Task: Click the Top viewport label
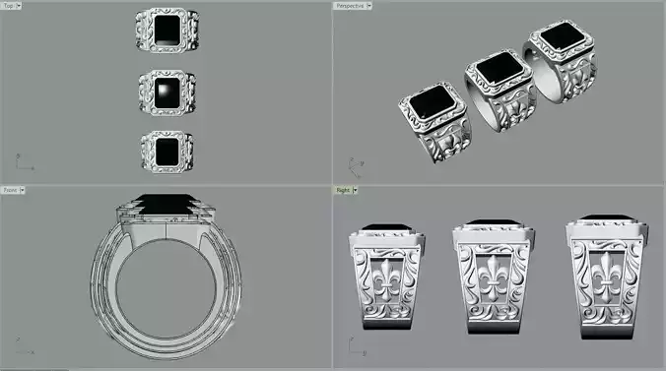[x=12, y=6]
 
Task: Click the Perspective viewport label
[x=353, y=6]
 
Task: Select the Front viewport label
[x=12, y=190]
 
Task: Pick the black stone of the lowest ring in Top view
[x=166, y=151]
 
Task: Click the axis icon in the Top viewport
[x=20, y=159]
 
